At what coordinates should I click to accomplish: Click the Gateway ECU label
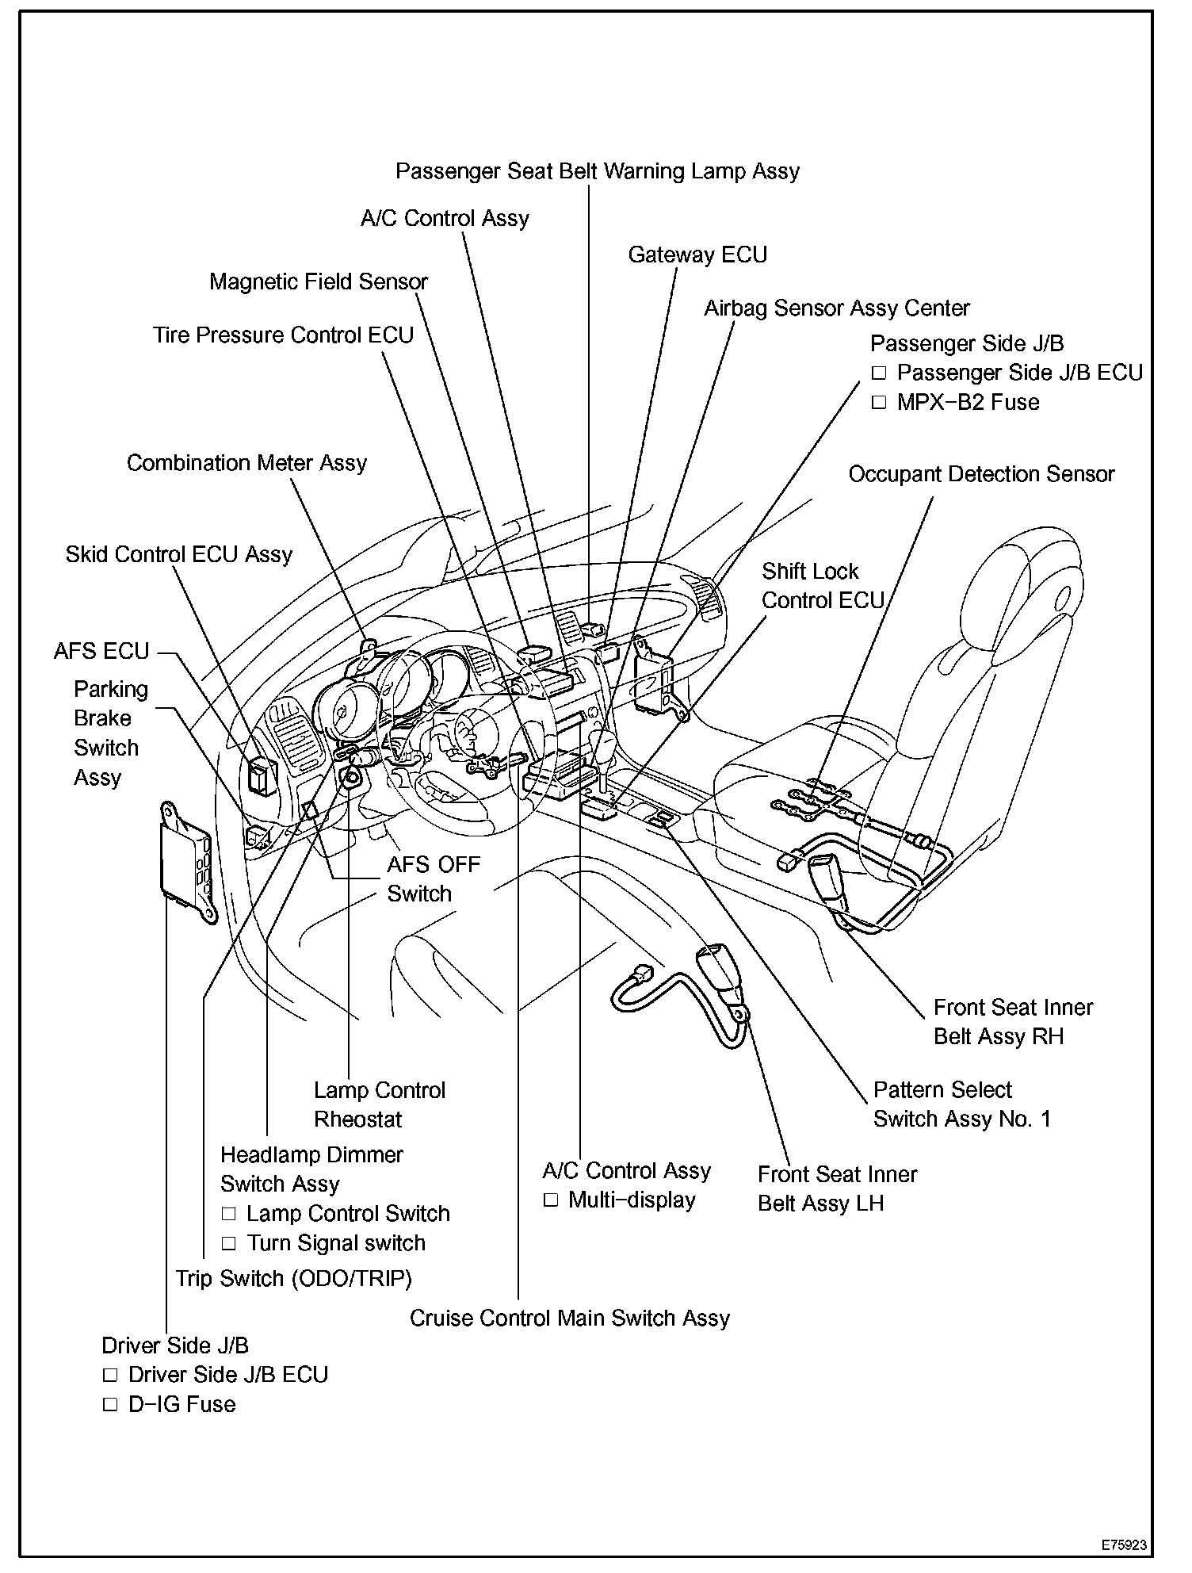[x=697, y=255]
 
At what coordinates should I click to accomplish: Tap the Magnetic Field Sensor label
[x=319, y=282]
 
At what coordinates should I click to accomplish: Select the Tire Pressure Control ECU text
[x=283, y=335]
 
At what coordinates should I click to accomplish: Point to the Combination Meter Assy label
[x=246, y=463]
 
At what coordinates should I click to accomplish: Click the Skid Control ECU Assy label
[x=179, y=554]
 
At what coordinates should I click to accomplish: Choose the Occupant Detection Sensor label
[x=981, y=474]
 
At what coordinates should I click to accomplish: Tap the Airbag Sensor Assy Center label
[x=837, y=308]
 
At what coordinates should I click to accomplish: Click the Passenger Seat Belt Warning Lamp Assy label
[x=598, y=171]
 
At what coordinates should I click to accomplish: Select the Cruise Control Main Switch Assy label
[x=569, y=1318]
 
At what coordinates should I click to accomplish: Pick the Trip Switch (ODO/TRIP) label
[x=294, y=1278]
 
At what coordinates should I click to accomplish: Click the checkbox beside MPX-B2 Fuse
[x=878, y=403]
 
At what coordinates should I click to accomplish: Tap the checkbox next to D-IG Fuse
[x=110, y=1405]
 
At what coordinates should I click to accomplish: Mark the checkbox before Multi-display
[x=551, y=1200]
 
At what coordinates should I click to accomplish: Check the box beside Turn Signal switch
[x=229, y=1243]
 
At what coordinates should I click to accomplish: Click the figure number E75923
[x=1123, y=1545]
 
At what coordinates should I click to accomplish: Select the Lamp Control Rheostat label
[x=379, y=1105]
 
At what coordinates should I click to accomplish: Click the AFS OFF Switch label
[x=434, y=879]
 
